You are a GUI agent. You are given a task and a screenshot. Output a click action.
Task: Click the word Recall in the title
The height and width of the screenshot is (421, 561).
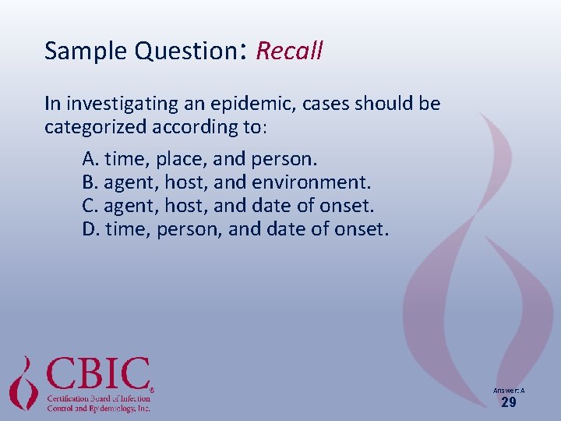[x=289, y=51]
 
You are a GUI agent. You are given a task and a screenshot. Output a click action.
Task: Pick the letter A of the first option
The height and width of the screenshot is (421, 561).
[x=90, y=160]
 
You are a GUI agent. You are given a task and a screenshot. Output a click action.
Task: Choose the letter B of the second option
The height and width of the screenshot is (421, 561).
[x=89, y=183]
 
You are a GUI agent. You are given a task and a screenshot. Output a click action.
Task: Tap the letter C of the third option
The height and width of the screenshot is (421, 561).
[x=89, y=207]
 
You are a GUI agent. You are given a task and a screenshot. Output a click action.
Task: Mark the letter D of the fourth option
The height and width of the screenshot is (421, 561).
[x=90, y=230]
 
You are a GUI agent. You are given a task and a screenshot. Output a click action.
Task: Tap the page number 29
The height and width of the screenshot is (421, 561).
[x=509, y=403]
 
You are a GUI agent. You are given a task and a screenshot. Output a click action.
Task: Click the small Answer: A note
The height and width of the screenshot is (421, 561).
[x=509, y=389]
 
